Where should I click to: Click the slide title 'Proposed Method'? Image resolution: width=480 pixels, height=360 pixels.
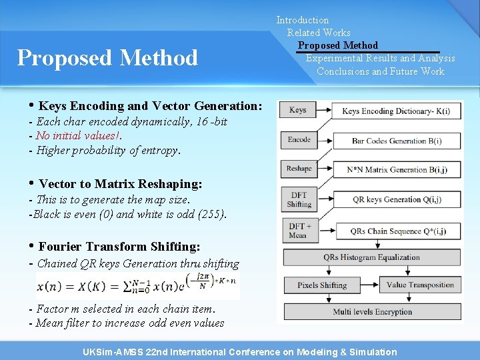coord(107,58)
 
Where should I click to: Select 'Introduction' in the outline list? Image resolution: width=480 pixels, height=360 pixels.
coord(303,20)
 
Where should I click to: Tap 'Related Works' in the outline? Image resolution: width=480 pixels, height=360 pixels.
coord(319,33)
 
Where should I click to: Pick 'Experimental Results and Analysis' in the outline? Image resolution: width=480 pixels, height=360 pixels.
coord(381,59)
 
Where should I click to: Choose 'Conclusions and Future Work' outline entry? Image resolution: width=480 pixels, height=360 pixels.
coord(381,71)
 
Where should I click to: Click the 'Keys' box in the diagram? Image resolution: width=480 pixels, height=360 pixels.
coord(298,111)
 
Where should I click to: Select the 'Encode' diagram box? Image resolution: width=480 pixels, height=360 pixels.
coord(299,140)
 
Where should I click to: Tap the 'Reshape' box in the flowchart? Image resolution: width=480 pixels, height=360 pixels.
coord(299,169)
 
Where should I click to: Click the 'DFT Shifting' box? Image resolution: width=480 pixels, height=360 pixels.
coord(299,199)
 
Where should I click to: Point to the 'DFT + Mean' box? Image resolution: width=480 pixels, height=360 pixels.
coord(299,231)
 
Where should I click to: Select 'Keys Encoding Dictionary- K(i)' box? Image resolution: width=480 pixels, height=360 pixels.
coord(396,111)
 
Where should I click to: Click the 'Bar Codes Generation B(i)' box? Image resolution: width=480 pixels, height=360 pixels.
coord(396,141)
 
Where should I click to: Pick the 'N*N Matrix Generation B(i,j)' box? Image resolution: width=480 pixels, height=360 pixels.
coord(396,170)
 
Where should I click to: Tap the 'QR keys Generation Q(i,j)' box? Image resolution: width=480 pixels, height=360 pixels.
coord(396,199)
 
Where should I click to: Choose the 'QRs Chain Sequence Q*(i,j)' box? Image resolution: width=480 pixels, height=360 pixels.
coord(396,231)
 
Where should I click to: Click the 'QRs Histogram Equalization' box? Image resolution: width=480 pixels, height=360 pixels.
coord(371,257)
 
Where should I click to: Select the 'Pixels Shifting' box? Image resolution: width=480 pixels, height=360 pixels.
coord(323,285)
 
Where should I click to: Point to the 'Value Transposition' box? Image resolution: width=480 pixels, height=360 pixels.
coord(420,285)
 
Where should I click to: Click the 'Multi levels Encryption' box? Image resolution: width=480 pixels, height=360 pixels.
coord(371,312)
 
